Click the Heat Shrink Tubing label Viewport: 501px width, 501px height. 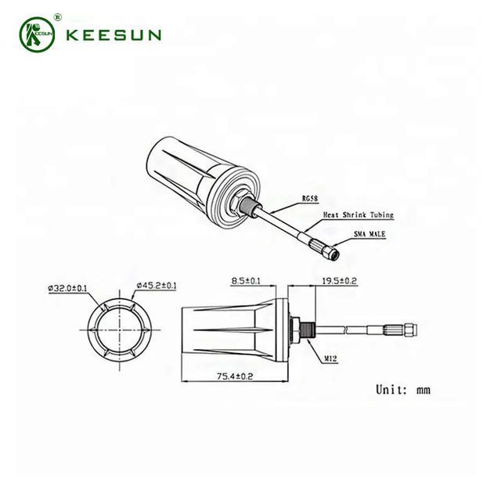[357, 214]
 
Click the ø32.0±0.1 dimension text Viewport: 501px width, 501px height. [70, 287]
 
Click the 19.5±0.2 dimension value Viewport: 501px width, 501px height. [339, 280]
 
